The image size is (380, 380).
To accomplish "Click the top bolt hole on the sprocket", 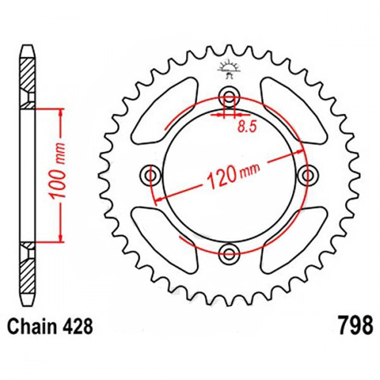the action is coord(229,96).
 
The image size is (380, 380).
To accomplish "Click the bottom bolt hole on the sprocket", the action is coord(229,254).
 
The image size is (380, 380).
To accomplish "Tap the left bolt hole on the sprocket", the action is coord(151,174).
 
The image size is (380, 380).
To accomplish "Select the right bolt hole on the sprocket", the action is coord(308,175).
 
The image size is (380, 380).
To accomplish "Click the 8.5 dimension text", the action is coord(247,127).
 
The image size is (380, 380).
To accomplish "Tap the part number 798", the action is coord(356,325).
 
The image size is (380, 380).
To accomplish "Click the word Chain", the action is coord(32,326).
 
